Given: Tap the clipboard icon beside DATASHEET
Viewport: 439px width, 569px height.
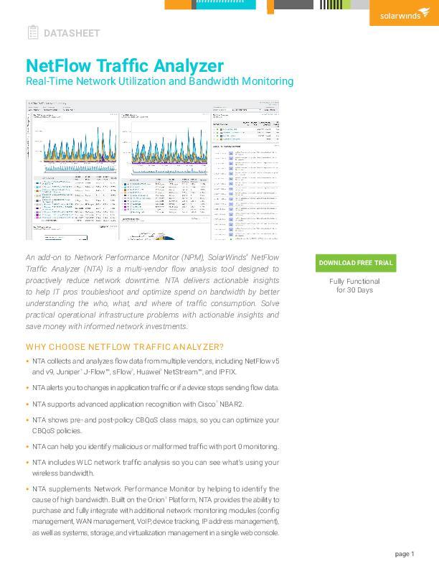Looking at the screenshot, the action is (32, 32).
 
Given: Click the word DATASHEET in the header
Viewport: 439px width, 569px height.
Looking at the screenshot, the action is (72, 33).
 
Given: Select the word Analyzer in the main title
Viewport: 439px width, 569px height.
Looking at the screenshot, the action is (189, 66).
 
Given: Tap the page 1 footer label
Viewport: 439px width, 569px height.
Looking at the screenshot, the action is (405, 554).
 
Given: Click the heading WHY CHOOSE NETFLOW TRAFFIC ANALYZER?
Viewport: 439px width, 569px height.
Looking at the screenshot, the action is (125, 347).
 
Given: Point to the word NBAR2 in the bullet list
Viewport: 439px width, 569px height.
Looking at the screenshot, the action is (231, 404).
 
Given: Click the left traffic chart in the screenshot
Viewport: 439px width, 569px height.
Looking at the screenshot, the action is (72, 147).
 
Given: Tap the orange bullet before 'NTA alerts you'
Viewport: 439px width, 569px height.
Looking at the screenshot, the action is (27, 388).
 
